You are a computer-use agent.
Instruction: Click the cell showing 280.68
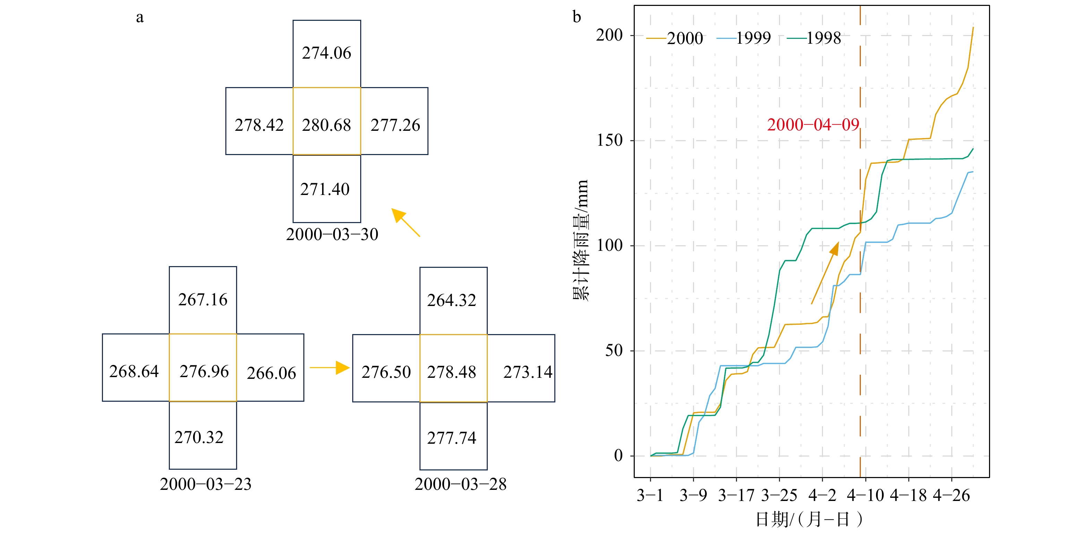[327, 121]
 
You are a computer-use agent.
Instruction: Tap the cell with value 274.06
[327, 53]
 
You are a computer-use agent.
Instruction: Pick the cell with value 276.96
[203, 367]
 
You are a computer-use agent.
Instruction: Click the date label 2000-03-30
[332, 234]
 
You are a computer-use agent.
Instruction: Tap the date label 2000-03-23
[206, 484]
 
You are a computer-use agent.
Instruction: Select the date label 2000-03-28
[460, 484]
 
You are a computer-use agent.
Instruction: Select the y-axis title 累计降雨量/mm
[581, 240]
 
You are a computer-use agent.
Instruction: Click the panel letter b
[577, 17]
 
